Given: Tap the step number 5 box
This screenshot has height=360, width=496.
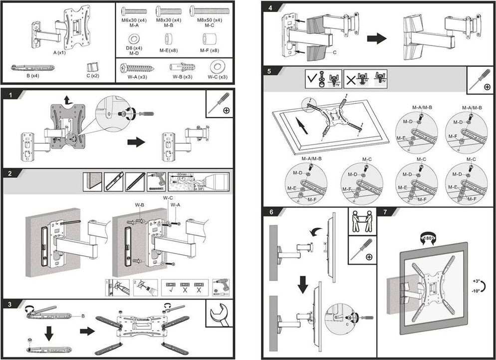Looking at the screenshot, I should (269, 71).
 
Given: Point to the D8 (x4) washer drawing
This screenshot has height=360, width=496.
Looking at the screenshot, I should (134, 38).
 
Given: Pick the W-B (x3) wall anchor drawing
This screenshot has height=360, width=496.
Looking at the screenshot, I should (181, 67).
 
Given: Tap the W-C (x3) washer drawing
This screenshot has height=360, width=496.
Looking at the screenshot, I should (217, 66).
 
